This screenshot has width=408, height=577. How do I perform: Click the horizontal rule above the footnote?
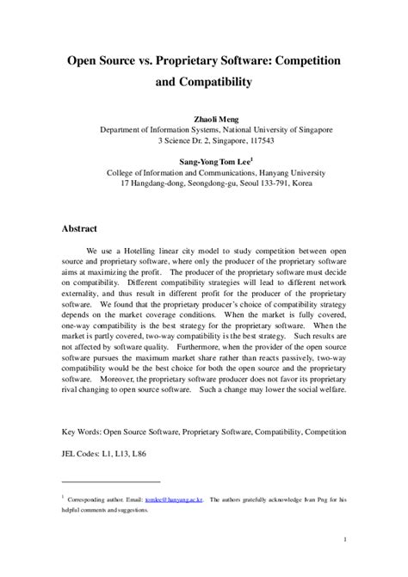tap(111, 481)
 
